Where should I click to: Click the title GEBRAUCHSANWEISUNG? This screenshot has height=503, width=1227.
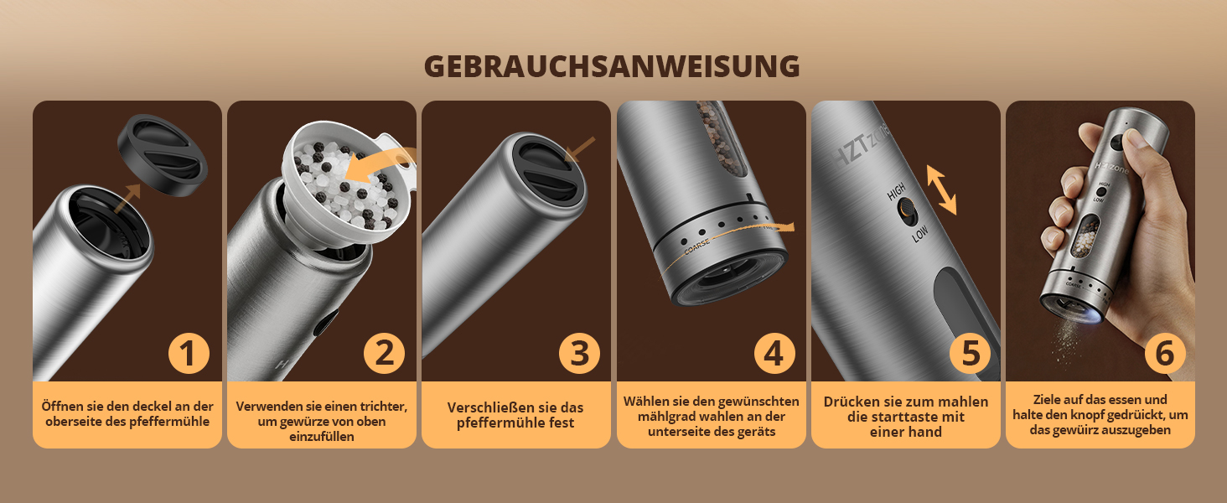pos(611,66)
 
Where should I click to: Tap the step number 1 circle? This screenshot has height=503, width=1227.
pos(189,354)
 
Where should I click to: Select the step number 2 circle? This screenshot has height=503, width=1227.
pos(384,354)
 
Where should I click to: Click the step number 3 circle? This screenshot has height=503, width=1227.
pos(579,354)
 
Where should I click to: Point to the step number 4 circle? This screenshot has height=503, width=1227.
pos(774,354)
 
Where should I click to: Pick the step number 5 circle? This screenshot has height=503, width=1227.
pos(970,354)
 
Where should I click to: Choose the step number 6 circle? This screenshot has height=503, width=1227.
pos(1165,354)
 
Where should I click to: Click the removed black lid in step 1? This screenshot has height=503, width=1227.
pos(163,156)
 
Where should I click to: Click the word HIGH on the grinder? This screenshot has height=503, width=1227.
pos(897,191)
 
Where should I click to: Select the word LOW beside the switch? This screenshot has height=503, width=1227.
pos(919,234)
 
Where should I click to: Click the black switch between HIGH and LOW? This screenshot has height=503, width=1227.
pos(908,211)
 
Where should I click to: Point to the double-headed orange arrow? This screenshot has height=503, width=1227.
pos(941,189)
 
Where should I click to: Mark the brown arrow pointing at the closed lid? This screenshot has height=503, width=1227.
pos(579,149)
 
